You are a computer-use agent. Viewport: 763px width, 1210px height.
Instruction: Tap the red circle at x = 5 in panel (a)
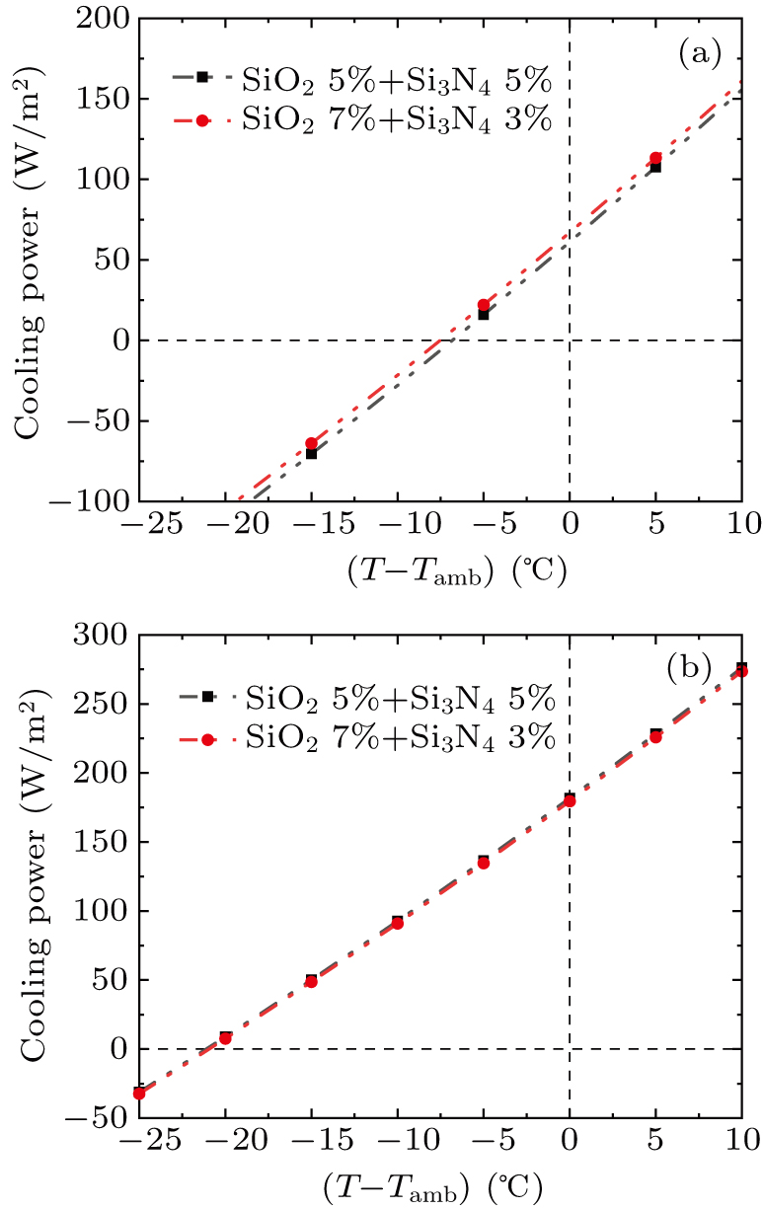click(655, 158)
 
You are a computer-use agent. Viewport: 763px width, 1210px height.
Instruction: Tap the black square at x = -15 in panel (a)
click(311, 453)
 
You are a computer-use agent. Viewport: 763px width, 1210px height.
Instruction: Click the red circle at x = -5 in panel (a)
click(484, 305)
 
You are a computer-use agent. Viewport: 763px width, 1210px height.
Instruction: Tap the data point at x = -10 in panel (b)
click(397, 922)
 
